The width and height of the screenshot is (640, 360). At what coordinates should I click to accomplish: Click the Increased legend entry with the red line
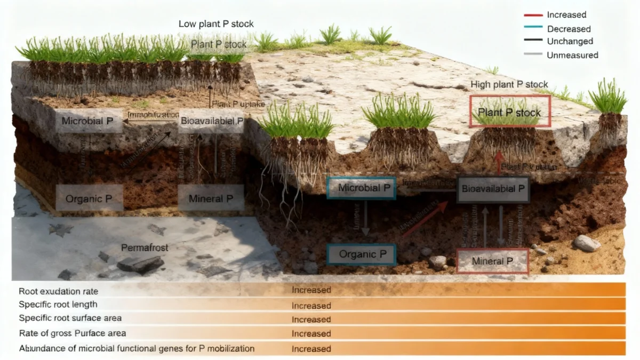coord(566,15)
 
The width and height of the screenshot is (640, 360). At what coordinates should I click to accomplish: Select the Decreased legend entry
coord(569,29)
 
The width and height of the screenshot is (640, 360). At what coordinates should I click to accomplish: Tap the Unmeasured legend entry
coord(572,55)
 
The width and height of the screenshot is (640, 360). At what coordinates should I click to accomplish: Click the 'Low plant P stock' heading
coord(216,24)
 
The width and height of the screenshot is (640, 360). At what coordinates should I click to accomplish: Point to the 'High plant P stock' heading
coord(509,85)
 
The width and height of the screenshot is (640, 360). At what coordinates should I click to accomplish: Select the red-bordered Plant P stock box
coord(509,112)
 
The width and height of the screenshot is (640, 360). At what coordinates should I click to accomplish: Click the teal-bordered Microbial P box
coord(361,188)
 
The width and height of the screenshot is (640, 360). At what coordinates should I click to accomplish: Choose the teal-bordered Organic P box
coord(361,254)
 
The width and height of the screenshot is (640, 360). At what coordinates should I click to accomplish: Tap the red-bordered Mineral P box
coord(492,261)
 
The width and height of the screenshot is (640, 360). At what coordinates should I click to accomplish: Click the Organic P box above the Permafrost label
coord(89,199)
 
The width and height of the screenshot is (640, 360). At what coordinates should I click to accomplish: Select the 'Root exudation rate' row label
coord(59,291)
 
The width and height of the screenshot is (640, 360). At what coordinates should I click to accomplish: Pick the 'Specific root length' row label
coord(58,305)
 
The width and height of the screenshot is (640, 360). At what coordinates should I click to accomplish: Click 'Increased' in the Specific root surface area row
coord(311,319)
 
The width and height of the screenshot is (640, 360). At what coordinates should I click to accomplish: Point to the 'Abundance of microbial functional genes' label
coord(137,349)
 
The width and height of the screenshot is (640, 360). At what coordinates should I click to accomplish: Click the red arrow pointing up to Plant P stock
coord(499,162)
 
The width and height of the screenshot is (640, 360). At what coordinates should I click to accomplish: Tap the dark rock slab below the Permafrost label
coord(140,263)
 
